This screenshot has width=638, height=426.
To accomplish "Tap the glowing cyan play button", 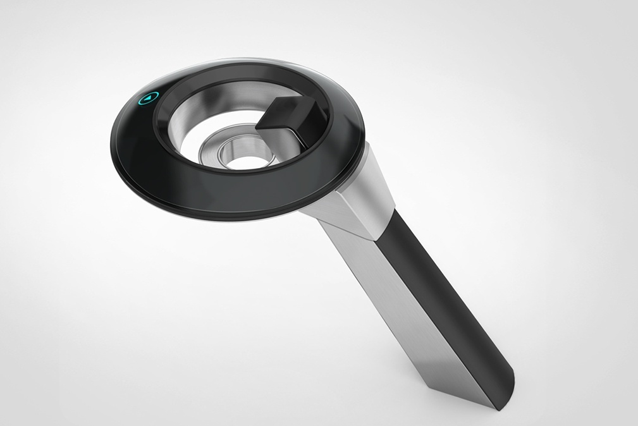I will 147,98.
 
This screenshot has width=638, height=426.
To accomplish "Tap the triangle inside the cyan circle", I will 148,98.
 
